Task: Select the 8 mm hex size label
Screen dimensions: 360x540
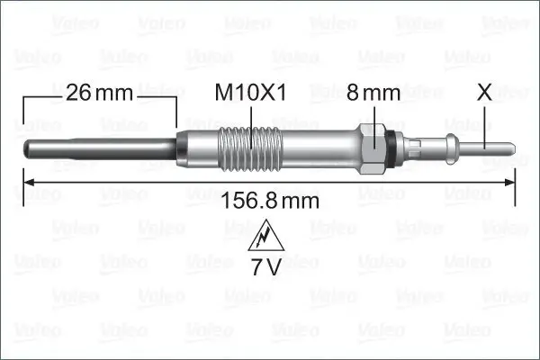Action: (x=374, y=92)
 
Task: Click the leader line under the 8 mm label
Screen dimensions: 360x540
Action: (x=374, y=113)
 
